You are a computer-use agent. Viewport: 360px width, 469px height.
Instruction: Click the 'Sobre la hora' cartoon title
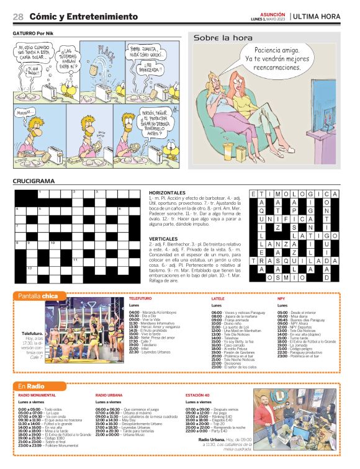pyautogui.click(x=215, y=38)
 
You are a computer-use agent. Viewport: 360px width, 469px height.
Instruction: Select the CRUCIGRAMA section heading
pyautogui.click(x=34, y=182)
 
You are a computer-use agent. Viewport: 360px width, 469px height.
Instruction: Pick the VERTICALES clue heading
pyautogui.click(x=163, y=238)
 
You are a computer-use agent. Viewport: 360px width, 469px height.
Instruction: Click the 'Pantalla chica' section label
pyautogui.click(x=38, y=296)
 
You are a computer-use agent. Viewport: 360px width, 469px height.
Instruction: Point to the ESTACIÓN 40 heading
pyautogui.click(x=197, y=395)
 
